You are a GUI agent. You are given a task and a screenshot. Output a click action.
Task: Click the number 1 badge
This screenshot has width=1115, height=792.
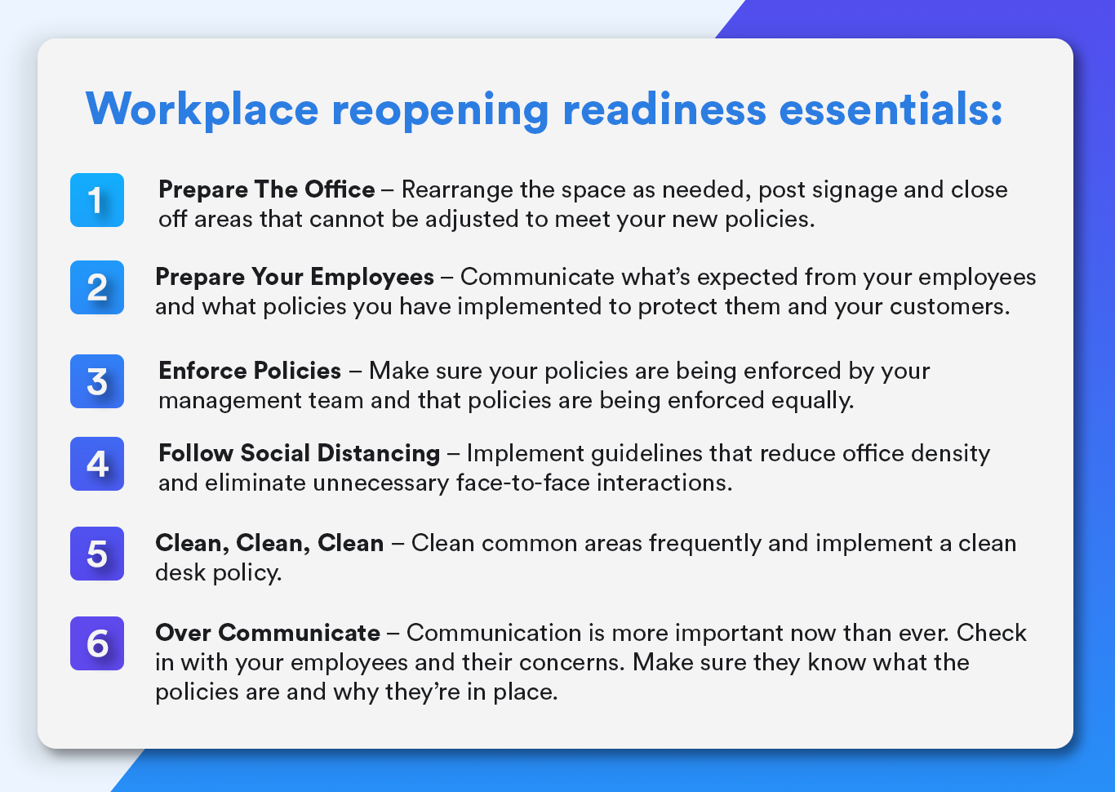97,200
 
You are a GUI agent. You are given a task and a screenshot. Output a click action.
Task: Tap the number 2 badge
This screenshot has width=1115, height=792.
97,287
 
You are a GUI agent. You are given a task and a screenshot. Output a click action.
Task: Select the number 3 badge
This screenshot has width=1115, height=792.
97,381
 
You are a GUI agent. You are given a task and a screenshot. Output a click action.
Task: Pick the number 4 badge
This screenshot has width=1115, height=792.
97,464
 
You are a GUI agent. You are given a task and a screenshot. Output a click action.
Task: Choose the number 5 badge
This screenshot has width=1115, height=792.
97,554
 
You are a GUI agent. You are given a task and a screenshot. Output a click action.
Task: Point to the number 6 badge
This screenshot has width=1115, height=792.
97,643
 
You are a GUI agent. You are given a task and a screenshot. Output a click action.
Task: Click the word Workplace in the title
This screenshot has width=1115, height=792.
202,109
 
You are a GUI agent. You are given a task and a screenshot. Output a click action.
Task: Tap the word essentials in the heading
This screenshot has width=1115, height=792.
891,109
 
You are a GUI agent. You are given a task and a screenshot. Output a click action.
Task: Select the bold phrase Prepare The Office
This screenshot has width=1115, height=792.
267,189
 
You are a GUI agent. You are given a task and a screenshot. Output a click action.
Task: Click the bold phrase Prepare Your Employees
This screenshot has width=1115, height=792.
295,277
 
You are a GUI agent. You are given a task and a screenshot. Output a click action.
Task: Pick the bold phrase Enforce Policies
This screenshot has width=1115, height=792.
250,371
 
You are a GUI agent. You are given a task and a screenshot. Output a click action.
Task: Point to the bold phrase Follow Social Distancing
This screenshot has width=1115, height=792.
300,453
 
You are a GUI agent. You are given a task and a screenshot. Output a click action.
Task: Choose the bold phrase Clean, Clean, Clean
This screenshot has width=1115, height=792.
269,543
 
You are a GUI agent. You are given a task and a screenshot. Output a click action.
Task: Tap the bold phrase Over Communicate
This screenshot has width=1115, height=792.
268,633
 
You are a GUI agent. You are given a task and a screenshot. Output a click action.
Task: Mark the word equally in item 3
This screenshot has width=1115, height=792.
815,401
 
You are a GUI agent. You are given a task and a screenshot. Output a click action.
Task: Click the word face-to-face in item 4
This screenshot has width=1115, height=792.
523,483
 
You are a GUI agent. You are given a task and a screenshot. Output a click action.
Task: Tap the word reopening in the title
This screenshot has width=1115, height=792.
440,110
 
